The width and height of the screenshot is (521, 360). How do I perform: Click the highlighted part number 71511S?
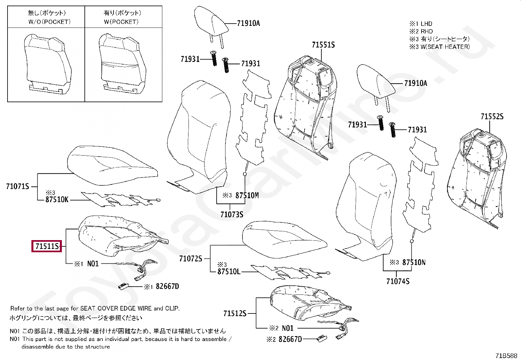[x=47, y=246]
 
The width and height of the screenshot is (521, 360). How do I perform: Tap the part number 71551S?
[x=323, y=45]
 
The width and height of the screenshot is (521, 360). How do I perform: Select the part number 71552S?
[x=492, y=117]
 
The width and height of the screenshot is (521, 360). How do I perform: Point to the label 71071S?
[x=18, y=186]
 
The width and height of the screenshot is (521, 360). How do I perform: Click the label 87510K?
[x=57, y=199]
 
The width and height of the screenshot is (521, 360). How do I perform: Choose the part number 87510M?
[x=247, y=196]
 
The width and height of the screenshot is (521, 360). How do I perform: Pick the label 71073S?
[x=232, y=215]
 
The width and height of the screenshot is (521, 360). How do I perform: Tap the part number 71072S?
[x=191, y=259]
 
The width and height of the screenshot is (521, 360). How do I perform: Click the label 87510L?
[x=229, y=272]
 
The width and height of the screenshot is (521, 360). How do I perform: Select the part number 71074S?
[x=398, y=281]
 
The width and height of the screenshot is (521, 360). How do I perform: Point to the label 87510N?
[x=414, y=262]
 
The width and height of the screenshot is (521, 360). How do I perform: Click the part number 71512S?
[x=235, y=313]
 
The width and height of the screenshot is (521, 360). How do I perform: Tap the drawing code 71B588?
[x=506, y=356]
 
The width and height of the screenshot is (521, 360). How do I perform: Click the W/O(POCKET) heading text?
[x=49, y=22]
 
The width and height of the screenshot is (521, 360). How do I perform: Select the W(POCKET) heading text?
[x=121, y=22]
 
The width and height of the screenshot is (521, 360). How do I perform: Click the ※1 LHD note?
[x=421, y=24]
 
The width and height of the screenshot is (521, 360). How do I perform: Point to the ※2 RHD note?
[x=421, y=31]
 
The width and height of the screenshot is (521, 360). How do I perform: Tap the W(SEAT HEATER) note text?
[x=445, y=47]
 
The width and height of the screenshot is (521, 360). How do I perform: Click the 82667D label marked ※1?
[x=167, y=286]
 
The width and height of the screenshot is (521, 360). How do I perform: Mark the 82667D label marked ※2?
[x=290, y=339]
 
